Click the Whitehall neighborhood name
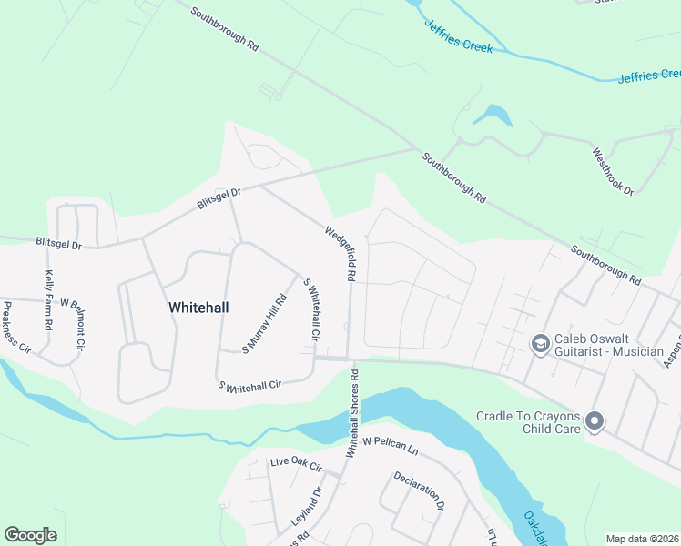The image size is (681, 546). (x=198, y=308)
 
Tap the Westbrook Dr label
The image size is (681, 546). (x=612, y=169)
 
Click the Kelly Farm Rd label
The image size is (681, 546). (x=48, y=300)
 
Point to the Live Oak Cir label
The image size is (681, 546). (x=296, y=464)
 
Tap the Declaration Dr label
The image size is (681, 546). (x=418, y=490)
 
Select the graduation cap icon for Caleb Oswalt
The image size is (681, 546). (x=540, y=343)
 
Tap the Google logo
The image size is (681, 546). (x=30, y=535)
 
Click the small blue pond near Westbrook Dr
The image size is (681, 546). (x=492, y=116)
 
